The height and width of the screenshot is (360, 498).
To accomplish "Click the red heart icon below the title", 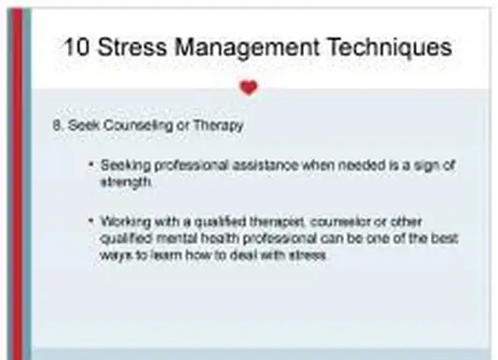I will tap(248, 88).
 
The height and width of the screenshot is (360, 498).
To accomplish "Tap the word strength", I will tap(124, 182).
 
